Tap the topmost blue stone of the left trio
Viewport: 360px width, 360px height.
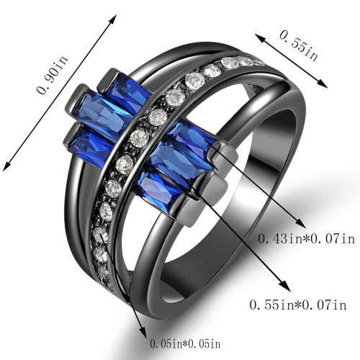click(x=130, y=89)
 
